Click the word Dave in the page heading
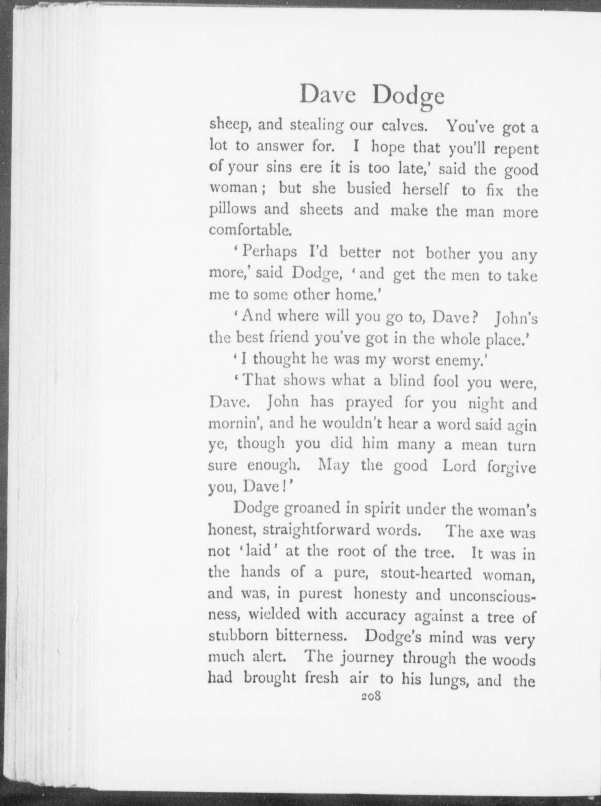tap(328, 95)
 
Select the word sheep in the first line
tap(228, 125)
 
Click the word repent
tap(516, 149)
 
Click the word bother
tap(448, 254)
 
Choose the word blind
tap(401, 381)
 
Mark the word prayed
tap(369, 403)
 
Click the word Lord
tap(459, 466)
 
